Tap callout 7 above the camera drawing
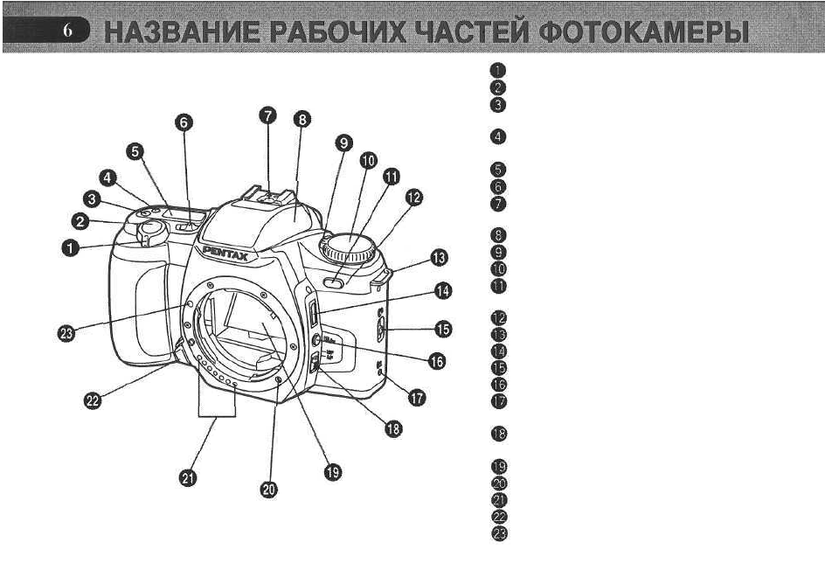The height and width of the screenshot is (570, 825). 269,115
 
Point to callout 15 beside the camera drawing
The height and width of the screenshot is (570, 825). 443,330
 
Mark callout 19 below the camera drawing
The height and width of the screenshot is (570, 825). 331,472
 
